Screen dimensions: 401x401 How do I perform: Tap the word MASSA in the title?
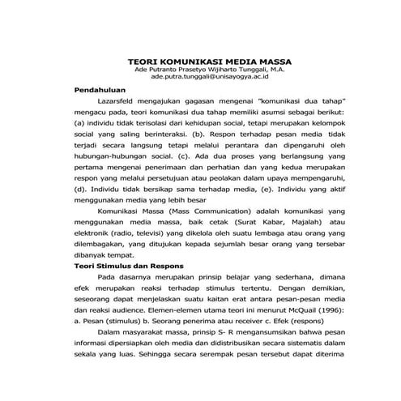tap(274, 61)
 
